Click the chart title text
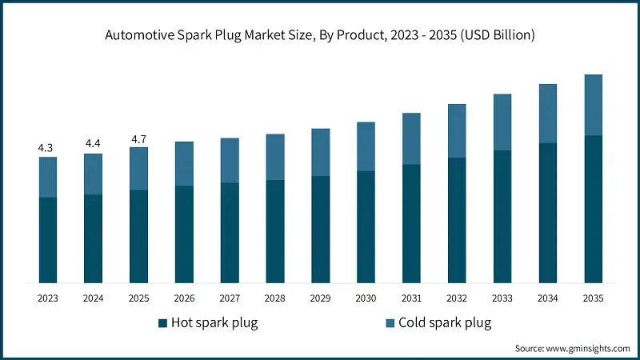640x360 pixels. click(x=320, y=35)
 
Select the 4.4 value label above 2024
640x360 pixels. click(x=93, y=144)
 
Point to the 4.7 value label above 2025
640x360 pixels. click(x=138, y=139)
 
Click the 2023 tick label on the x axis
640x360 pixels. click(x=47, y=298)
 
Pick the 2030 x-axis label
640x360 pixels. click(x=366, y=298)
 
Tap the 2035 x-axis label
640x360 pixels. click(x=593, y=298)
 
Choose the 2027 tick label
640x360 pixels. click(x=230, y=298)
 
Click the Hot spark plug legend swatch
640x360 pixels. click(x=163, y=323)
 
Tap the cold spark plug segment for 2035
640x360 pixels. click(x=593, y=105)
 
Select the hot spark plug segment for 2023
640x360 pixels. click(x=47, y=240)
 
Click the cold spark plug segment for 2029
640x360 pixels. click(x=320, y=152)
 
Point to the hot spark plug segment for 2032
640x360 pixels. click(x=457, y=220)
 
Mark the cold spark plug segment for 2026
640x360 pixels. click(x=184, y=164)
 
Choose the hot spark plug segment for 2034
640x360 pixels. click(x=547, y=213)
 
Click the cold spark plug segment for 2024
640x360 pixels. click(x=93, y=174)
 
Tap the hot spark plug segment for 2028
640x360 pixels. click(x=274, y=231)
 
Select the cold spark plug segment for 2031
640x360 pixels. click(x=411, y=138)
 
